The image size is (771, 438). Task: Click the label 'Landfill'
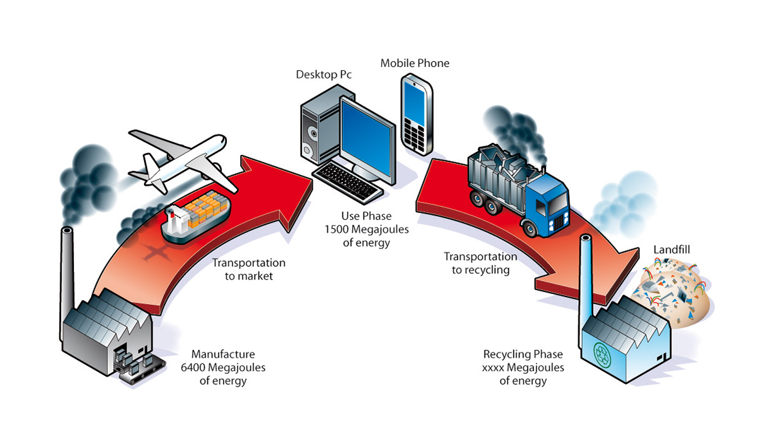point(671,249)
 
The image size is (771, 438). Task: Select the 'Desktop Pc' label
point(324,75)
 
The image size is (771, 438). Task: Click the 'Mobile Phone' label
point(414,63)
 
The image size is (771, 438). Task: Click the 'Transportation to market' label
point(249,269)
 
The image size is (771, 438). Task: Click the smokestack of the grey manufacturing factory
point(66,270)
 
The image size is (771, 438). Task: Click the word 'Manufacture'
point(223,354)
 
